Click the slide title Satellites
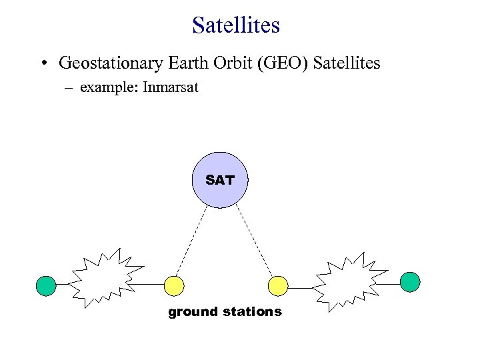click(x=236, y=25)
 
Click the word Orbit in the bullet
click(x=225, y=63)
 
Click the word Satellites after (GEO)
click(x=346, y=63)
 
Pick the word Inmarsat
click(x=171, y=87)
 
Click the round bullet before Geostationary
click(x=43, y=64)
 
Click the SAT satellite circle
click(x=220, y=180)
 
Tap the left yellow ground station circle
click(x=175, y=285)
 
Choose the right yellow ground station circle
click(x=277, y=285)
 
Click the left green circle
click(x=46, y=285)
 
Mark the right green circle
click(x=410, y=281)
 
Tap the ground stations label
click(x=225, y=312)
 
